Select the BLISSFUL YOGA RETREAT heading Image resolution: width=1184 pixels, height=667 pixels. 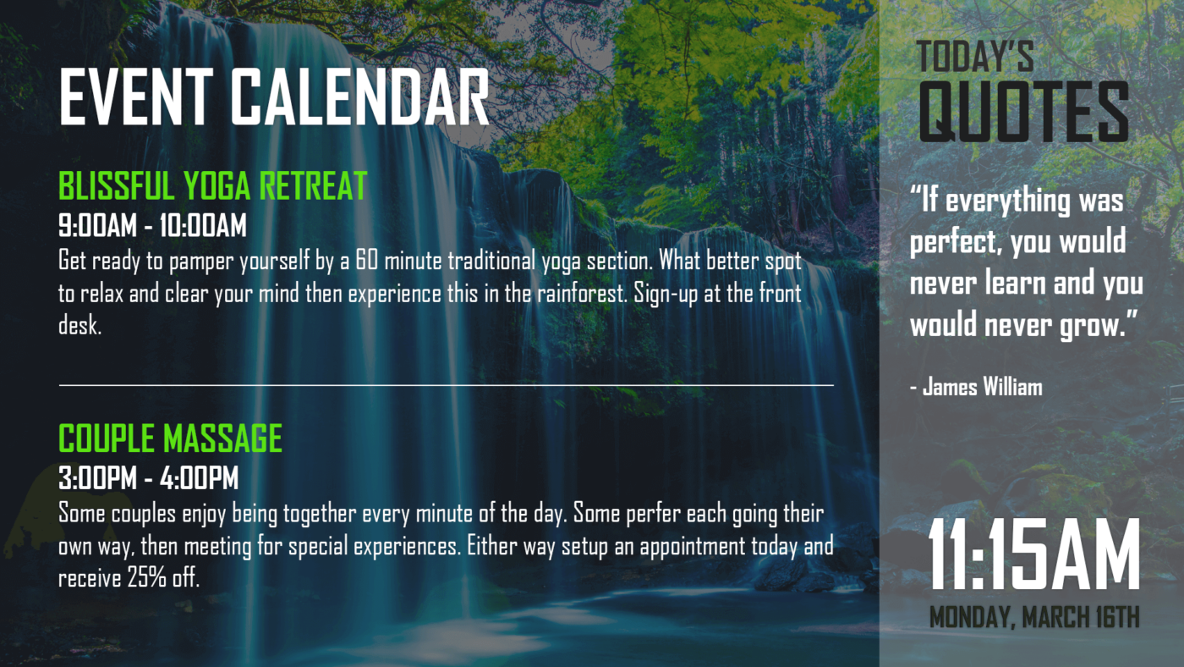click(212, 185)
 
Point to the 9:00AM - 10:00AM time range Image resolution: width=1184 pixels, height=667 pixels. click(152, 226)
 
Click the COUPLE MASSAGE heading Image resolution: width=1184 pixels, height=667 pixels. click(170, 438)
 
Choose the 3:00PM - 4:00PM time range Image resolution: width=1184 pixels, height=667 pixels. click(149, 478)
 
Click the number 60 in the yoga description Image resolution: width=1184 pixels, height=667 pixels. click(366, 260)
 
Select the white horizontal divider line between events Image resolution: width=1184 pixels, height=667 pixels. click(446, 384)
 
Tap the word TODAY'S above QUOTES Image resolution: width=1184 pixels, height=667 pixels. click(975, 57)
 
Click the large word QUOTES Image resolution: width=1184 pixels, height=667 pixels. click(1023, 112)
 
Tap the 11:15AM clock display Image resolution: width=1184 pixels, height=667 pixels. click(1034, 555)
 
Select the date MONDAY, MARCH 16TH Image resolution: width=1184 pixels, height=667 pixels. click(1034, 617)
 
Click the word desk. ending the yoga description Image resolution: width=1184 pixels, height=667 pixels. click(80, 327)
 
